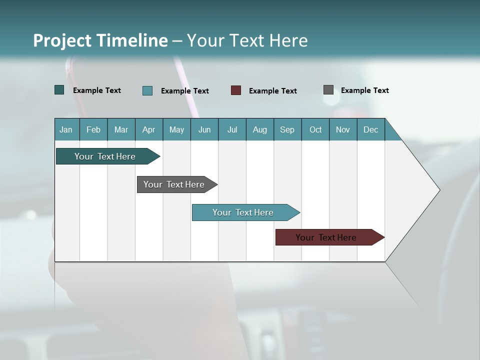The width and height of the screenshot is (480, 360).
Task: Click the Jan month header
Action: (66, 129)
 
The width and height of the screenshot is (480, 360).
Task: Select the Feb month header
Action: (93, 129)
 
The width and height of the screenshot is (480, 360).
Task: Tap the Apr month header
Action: (149, 129)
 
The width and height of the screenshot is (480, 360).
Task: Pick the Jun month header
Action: (204, 129)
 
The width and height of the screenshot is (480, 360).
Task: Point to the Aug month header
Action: (260, 129)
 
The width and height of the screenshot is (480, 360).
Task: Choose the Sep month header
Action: (287, 129)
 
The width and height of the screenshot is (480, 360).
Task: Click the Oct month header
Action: (315, 129)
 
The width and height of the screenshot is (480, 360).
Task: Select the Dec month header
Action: (371, 129)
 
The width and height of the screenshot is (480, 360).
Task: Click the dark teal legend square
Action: (59, 90)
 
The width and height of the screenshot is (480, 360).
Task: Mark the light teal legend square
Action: (147, 90)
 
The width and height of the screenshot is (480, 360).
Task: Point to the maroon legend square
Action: (236, 90)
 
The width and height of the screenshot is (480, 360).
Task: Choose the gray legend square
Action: (328, 90)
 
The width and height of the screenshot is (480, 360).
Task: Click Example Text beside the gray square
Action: (365, 90)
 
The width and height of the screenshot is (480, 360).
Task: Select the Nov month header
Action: (343, 129)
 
